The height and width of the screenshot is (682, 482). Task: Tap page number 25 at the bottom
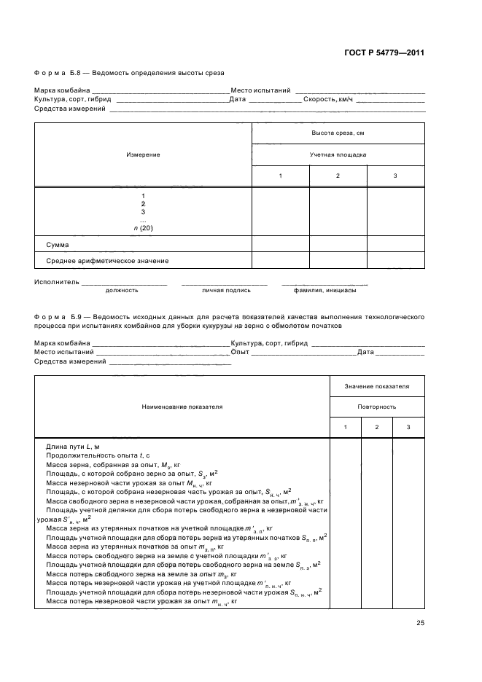(x=420, y=622)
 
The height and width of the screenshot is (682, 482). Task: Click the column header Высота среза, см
(x=338, y=133)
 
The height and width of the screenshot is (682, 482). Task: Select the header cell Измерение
(x=143, y=154)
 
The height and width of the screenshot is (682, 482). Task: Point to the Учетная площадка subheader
(x=338, y=154)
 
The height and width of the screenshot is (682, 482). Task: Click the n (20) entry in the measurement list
(x=143, y=228)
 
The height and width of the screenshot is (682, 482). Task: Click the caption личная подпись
(x=226, y=290)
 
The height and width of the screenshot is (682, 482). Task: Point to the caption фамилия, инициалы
(x=325, y=290)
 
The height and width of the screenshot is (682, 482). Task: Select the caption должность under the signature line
(x=122, y=290)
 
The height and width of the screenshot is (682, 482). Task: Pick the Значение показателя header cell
(x=376, y=385)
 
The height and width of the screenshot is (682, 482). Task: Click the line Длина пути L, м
(x=72, y=444)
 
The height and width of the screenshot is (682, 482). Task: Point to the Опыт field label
(x=240, y=352)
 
